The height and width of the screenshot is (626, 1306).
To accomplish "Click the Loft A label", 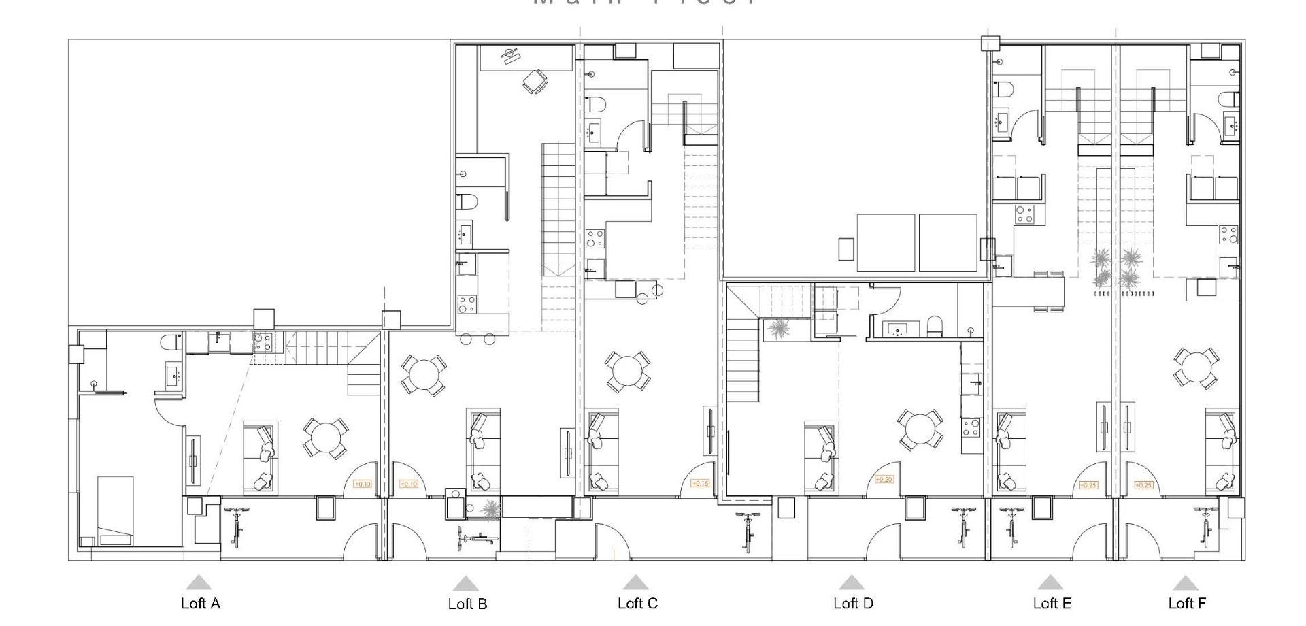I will coord(200,603).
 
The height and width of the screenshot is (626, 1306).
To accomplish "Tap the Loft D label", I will coord(853,603).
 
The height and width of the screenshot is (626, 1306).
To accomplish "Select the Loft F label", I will coord(1187,603).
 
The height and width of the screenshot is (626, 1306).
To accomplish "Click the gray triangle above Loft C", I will coord(635,582).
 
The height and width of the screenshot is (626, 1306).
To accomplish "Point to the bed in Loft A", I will coord(115,510).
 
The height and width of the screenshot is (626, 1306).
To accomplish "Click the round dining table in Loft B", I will coord(423,375).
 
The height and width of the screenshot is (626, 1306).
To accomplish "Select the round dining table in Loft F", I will coord(1196,368).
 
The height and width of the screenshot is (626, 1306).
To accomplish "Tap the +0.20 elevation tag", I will coord(884,480).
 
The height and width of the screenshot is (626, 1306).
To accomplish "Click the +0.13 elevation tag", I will coord(362,484).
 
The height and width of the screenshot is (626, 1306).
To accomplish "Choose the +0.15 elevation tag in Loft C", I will coord(700,484).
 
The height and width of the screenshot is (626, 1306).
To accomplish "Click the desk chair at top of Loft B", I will coord(534,82).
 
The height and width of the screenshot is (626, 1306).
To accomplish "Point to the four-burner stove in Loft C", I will coord(595,239).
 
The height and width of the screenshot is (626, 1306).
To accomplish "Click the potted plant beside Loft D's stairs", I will coord(777,329).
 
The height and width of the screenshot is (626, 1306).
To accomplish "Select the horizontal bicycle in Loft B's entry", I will coord(478,539).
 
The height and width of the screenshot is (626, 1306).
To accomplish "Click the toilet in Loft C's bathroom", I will coord(596,105).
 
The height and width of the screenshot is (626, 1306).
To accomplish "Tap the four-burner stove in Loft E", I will coord(1024,214).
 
